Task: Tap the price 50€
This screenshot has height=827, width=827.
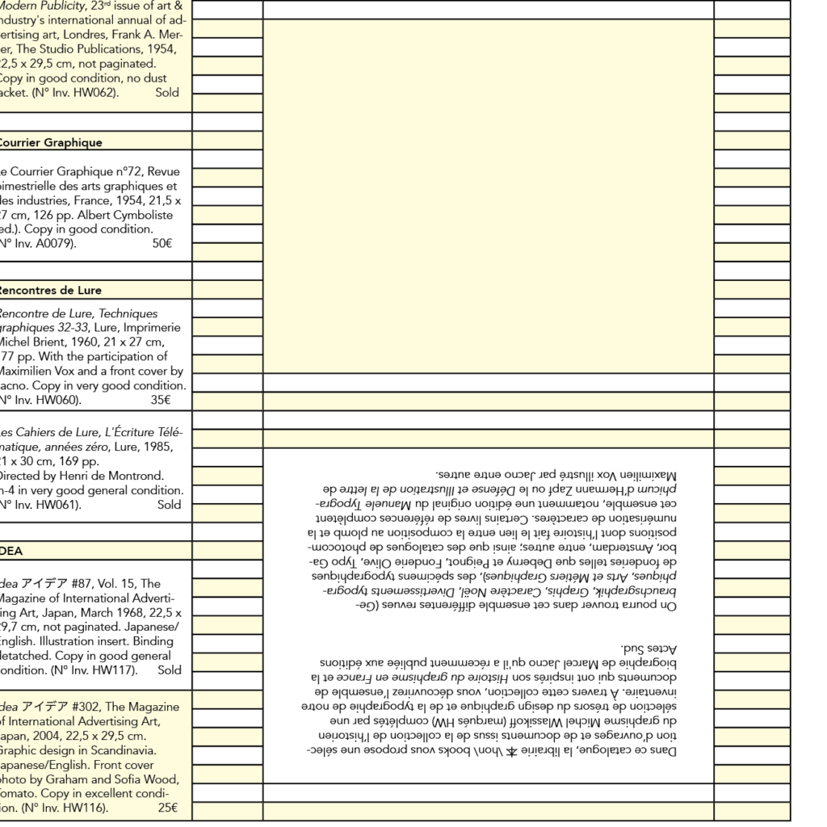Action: pos(162,244)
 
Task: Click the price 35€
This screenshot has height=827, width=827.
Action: pos(161,400)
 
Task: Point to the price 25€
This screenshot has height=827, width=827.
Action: pos(168,808)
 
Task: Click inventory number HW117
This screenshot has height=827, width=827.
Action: pos(115,670)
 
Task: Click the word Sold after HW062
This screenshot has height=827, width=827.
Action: pos(167,93)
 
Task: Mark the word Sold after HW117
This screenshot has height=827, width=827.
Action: pos(170,670)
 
